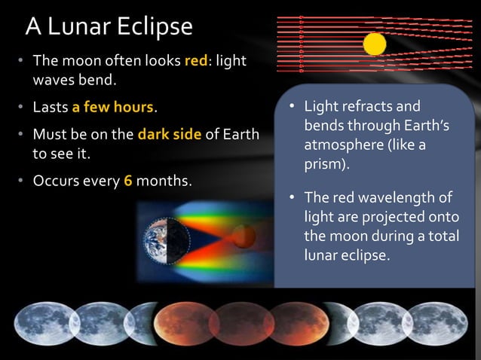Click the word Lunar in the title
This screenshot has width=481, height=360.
[x=84, y=26]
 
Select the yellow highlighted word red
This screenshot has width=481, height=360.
[x=196, y=61]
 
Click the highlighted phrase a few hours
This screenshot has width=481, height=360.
[x=113, y=107]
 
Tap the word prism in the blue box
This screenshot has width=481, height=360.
[x=326, y=163]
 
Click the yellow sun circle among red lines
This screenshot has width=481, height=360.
[x=375, y=44]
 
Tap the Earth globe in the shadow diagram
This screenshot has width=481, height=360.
[x=160, y=239]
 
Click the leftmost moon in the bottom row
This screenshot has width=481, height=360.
[x=43, y=323]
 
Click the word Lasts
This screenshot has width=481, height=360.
[x=50, y=107]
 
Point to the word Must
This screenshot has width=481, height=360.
[x=49, y=136]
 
